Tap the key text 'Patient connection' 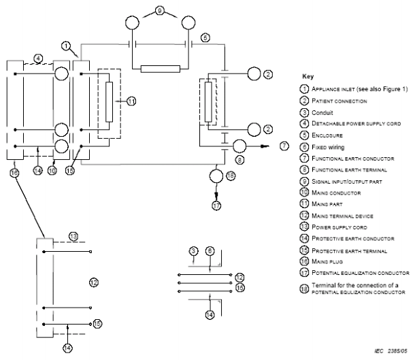click(x=337, y=101)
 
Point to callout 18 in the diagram click(x=230, y=176)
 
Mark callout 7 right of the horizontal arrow click(x=284, y=146)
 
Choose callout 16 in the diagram click(x=14, y=174)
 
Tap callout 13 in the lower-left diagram click(x=73, y=235)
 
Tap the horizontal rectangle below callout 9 click(x=160, y=69)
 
